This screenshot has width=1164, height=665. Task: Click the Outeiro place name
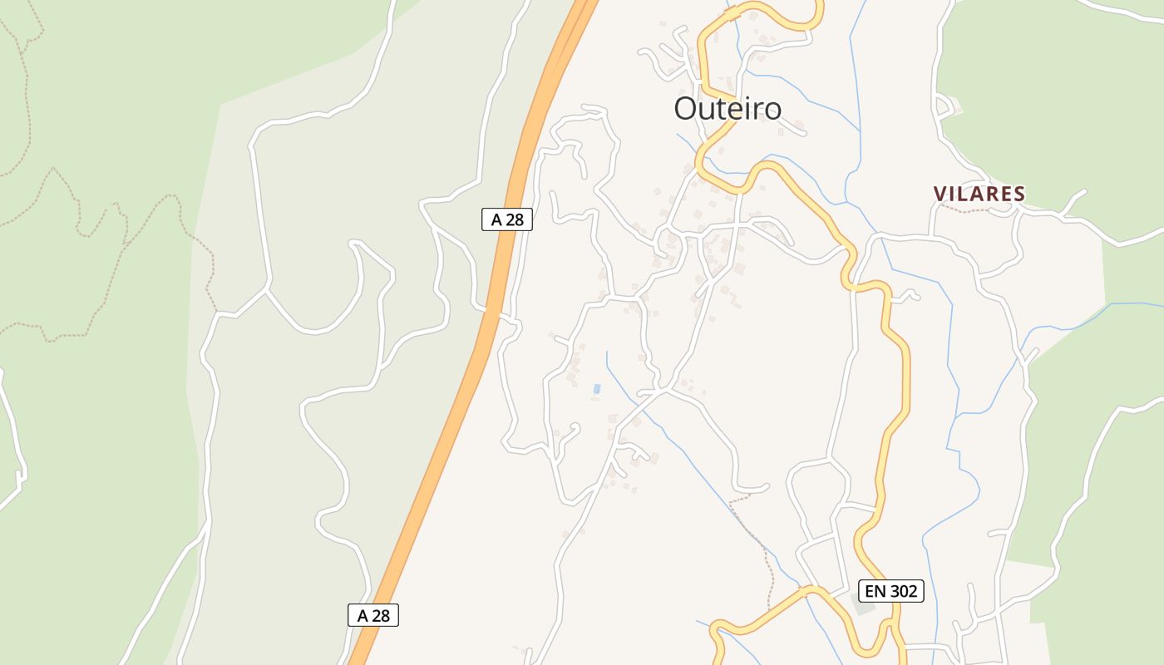[727, 109]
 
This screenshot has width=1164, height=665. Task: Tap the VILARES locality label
[979, 195]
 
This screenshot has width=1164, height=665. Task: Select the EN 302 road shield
[891, 591]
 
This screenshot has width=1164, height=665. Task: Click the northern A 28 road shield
[506, 219]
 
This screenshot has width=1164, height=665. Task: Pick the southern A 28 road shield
[373, 615]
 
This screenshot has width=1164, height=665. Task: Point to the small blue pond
[596, 389]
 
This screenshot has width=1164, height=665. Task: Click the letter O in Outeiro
[686, 109]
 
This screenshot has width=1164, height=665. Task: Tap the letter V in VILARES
[940, 195]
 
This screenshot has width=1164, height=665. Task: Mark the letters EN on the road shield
[875, 591]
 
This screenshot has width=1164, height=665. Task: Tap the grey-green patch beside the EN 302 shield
[865, 608]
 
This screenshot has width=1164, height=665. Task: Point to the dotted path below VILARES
[969, 210]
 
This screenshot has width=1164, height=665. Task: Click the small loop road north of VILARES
[945, 106]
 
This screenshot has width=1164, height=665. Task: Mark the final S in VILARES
[1018, 195]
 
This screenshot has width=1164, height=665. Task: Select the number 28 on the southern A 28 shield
[380, 615]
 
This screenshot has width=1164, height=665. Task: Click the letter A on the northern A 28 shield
[496, 219]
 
